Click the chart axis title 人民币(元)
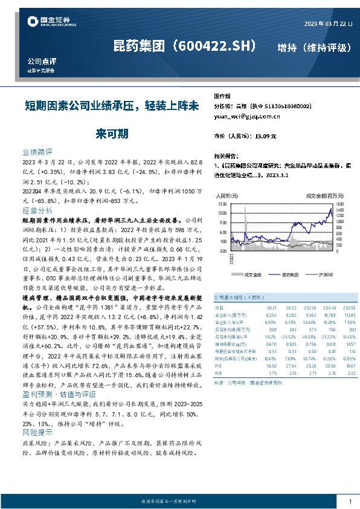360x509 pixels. tap(227, 196)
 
